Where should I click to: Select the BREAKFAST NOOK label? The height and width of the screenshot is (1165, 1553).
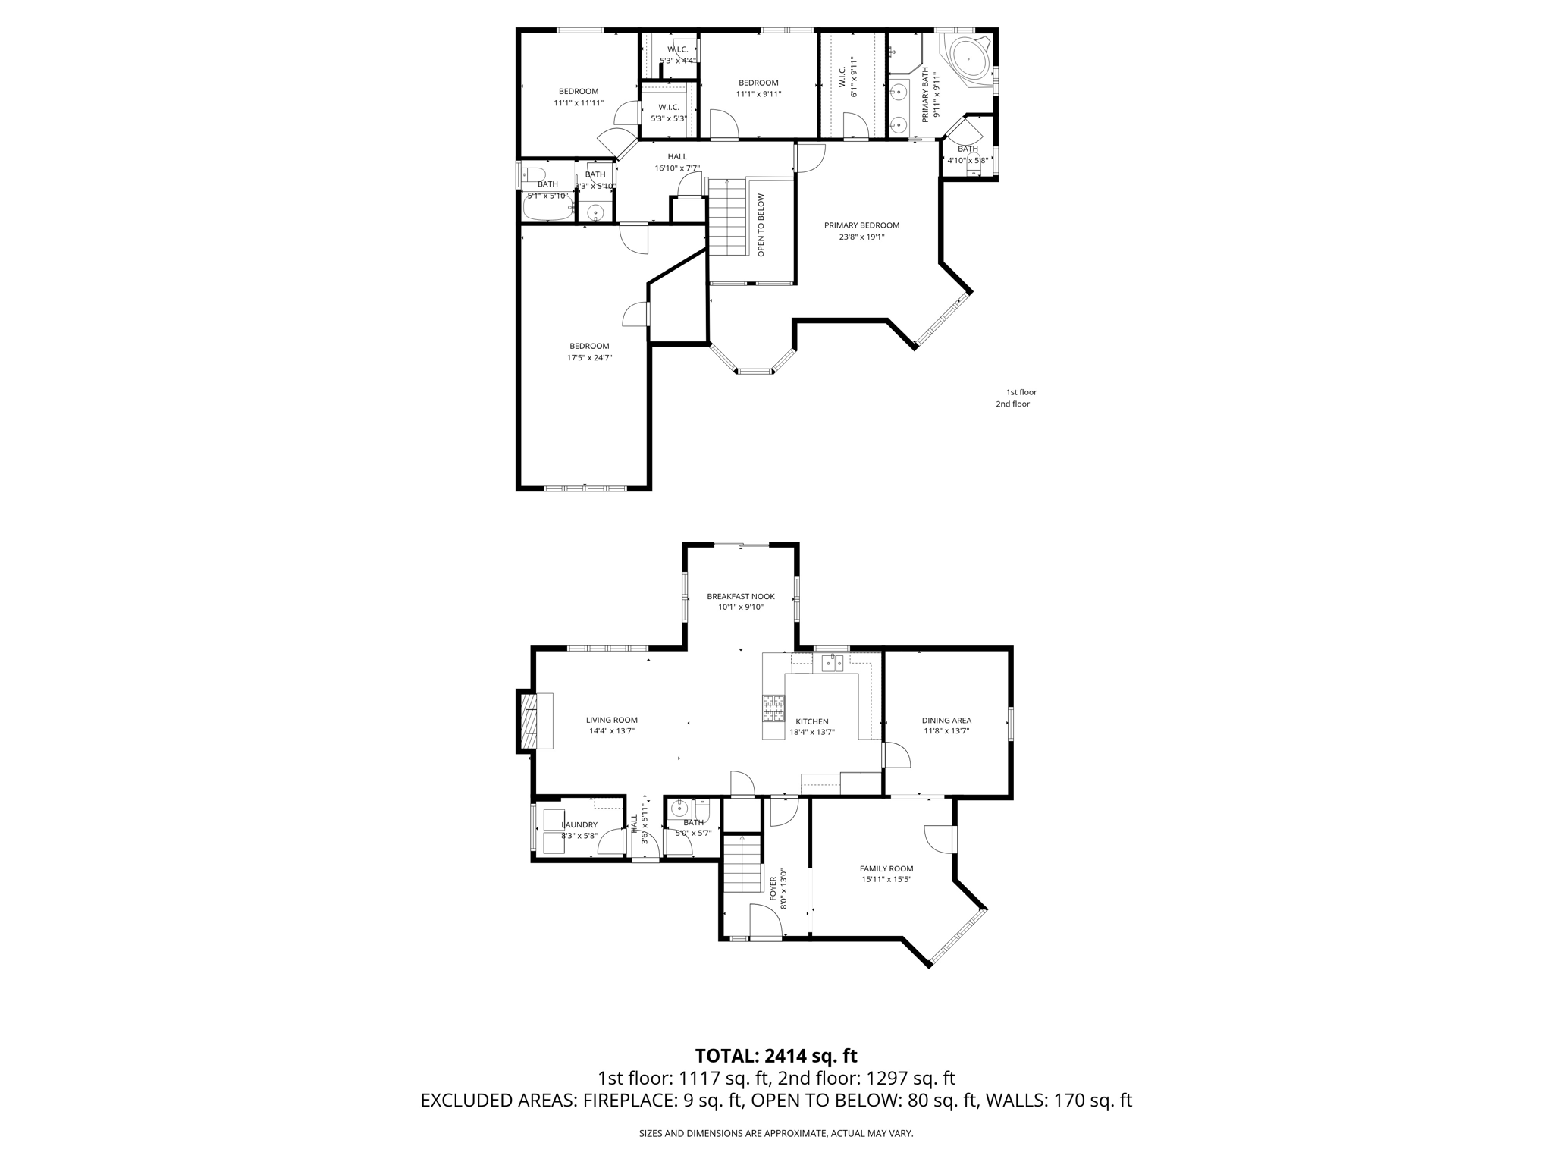[741, 596]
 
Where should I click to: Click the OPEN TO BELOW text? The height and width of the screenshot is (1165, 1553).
[761, 225]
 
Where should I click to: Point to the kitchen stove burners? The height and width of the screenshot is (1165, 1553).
[773, 707]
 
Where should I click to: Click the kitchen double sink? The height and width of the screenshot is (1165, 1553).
[833, 664]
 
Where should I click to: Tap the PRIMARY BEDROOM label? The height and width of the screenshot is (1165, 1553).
[861, 225]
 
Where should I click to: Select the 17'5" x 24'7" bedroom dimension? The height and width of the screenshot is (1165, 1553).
[589, 358]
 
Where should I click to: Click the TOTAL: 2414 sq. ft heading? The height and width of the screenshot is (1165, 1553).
[776, 1056]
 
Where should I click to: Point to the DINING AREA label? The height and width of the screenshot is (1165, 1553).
[946, 721]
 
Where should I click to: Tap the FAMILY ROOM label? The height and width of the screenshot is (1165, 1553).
[886, 868]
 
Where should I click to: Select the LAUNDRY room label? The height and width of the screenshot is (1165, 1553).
[579, 824]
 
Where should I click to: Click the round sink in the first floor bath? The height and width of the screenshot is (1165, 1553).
[679, 810]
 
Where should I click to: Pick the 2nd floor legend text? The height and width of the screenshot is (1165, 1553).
[1012, 404]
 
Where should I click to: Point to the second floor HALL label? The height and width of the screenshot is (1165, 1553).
[677, 157]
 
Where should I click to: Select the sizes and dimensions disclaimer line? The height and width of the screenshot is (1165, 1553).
[776, 1133]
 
